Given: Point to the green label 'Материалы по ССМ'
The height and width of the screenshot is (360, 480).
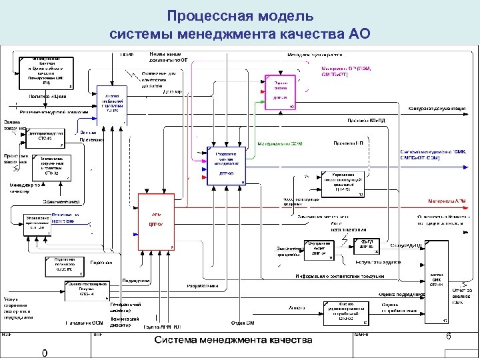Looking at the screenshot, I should (280, 144).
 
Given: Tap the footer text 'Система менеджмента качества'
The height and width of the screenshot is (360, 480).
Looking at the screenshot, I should (234, 341).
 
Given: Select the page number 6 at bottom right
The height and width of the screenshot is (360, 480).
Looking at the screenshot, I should (448, 337).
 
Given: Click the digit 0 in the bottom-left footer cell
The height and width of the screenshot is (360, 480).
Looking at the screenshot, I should (44, 353).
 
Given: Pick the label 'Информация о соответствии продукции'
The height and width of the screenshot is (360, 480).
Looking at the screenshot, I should (340, 275).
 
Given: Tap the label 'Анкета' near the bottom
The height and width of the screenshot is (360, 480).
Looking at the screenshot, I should (297, 307).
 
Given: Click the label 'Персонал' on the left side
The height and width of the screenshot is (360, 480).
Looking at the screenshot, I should (101, 263).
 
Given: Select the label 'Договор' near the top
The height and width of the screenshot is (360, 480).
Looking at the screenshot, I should (175, 91).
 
